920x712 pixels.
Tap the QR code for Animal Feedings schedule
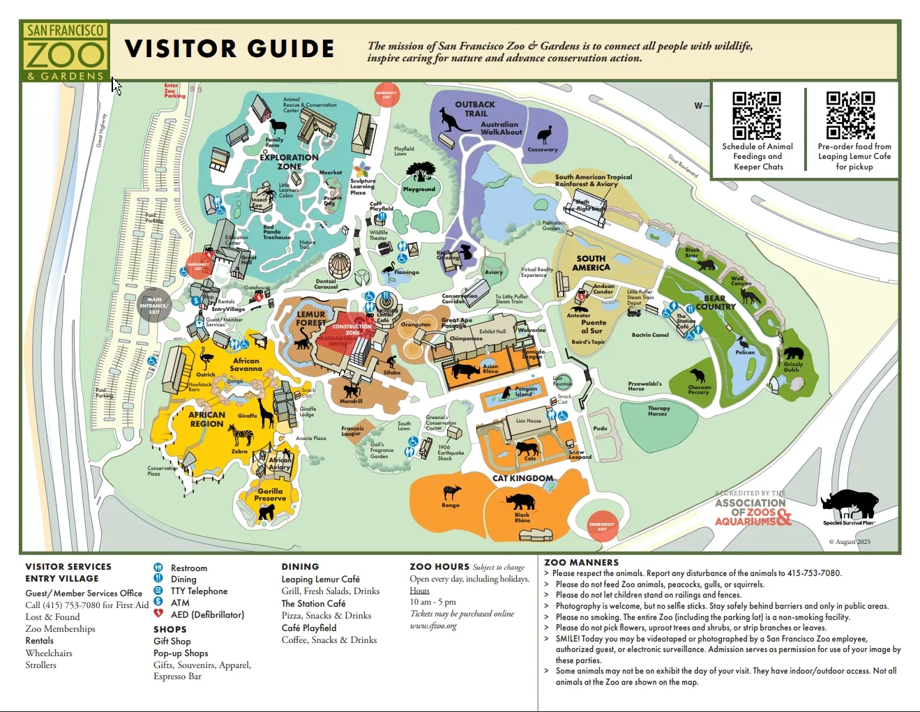[756, 116]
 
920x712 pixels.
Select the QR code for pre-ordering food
[850, 116]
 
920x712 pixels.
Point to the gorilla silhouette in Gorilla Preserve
[267, 512]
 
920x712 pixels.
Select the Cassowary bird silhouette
[544, 135]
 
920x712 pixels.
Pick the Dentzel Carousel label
[326, 284]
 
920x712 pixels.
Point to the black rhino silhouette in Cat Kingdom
[520, 501]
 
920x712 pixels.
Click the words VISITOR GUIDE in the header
[229, 49]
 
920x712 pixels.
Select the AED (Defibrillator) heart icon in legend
[158, 614]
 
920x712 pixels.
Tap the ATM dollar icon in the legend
[158, 602]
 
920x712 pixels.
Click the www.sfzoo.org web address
[433, 626]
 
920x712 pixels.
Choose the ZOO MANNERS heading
[581, 562]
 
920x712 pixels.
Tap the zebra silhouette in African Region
[241, 436]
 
